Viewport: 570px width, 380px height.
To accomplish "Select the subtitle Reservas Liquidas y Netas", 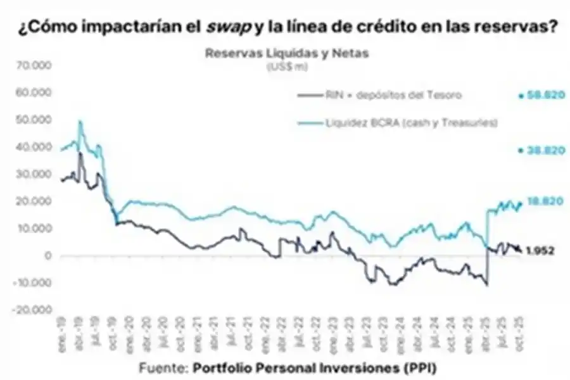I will [x=286, y=53].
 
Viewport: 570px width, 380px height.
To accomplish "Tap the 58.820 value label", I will [x=540, y=96].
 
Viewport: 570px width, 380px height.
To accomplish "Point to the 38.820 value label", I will [x=540, y=150].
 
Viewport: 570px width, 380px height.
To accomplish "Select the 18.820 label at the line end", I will [x=540, y=201].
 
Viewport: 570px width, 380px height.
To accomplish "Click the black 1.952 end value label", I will [x=541, y=251].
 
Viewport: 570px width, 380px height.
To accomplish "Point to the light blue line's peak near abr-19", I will [x=80, y=121].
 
